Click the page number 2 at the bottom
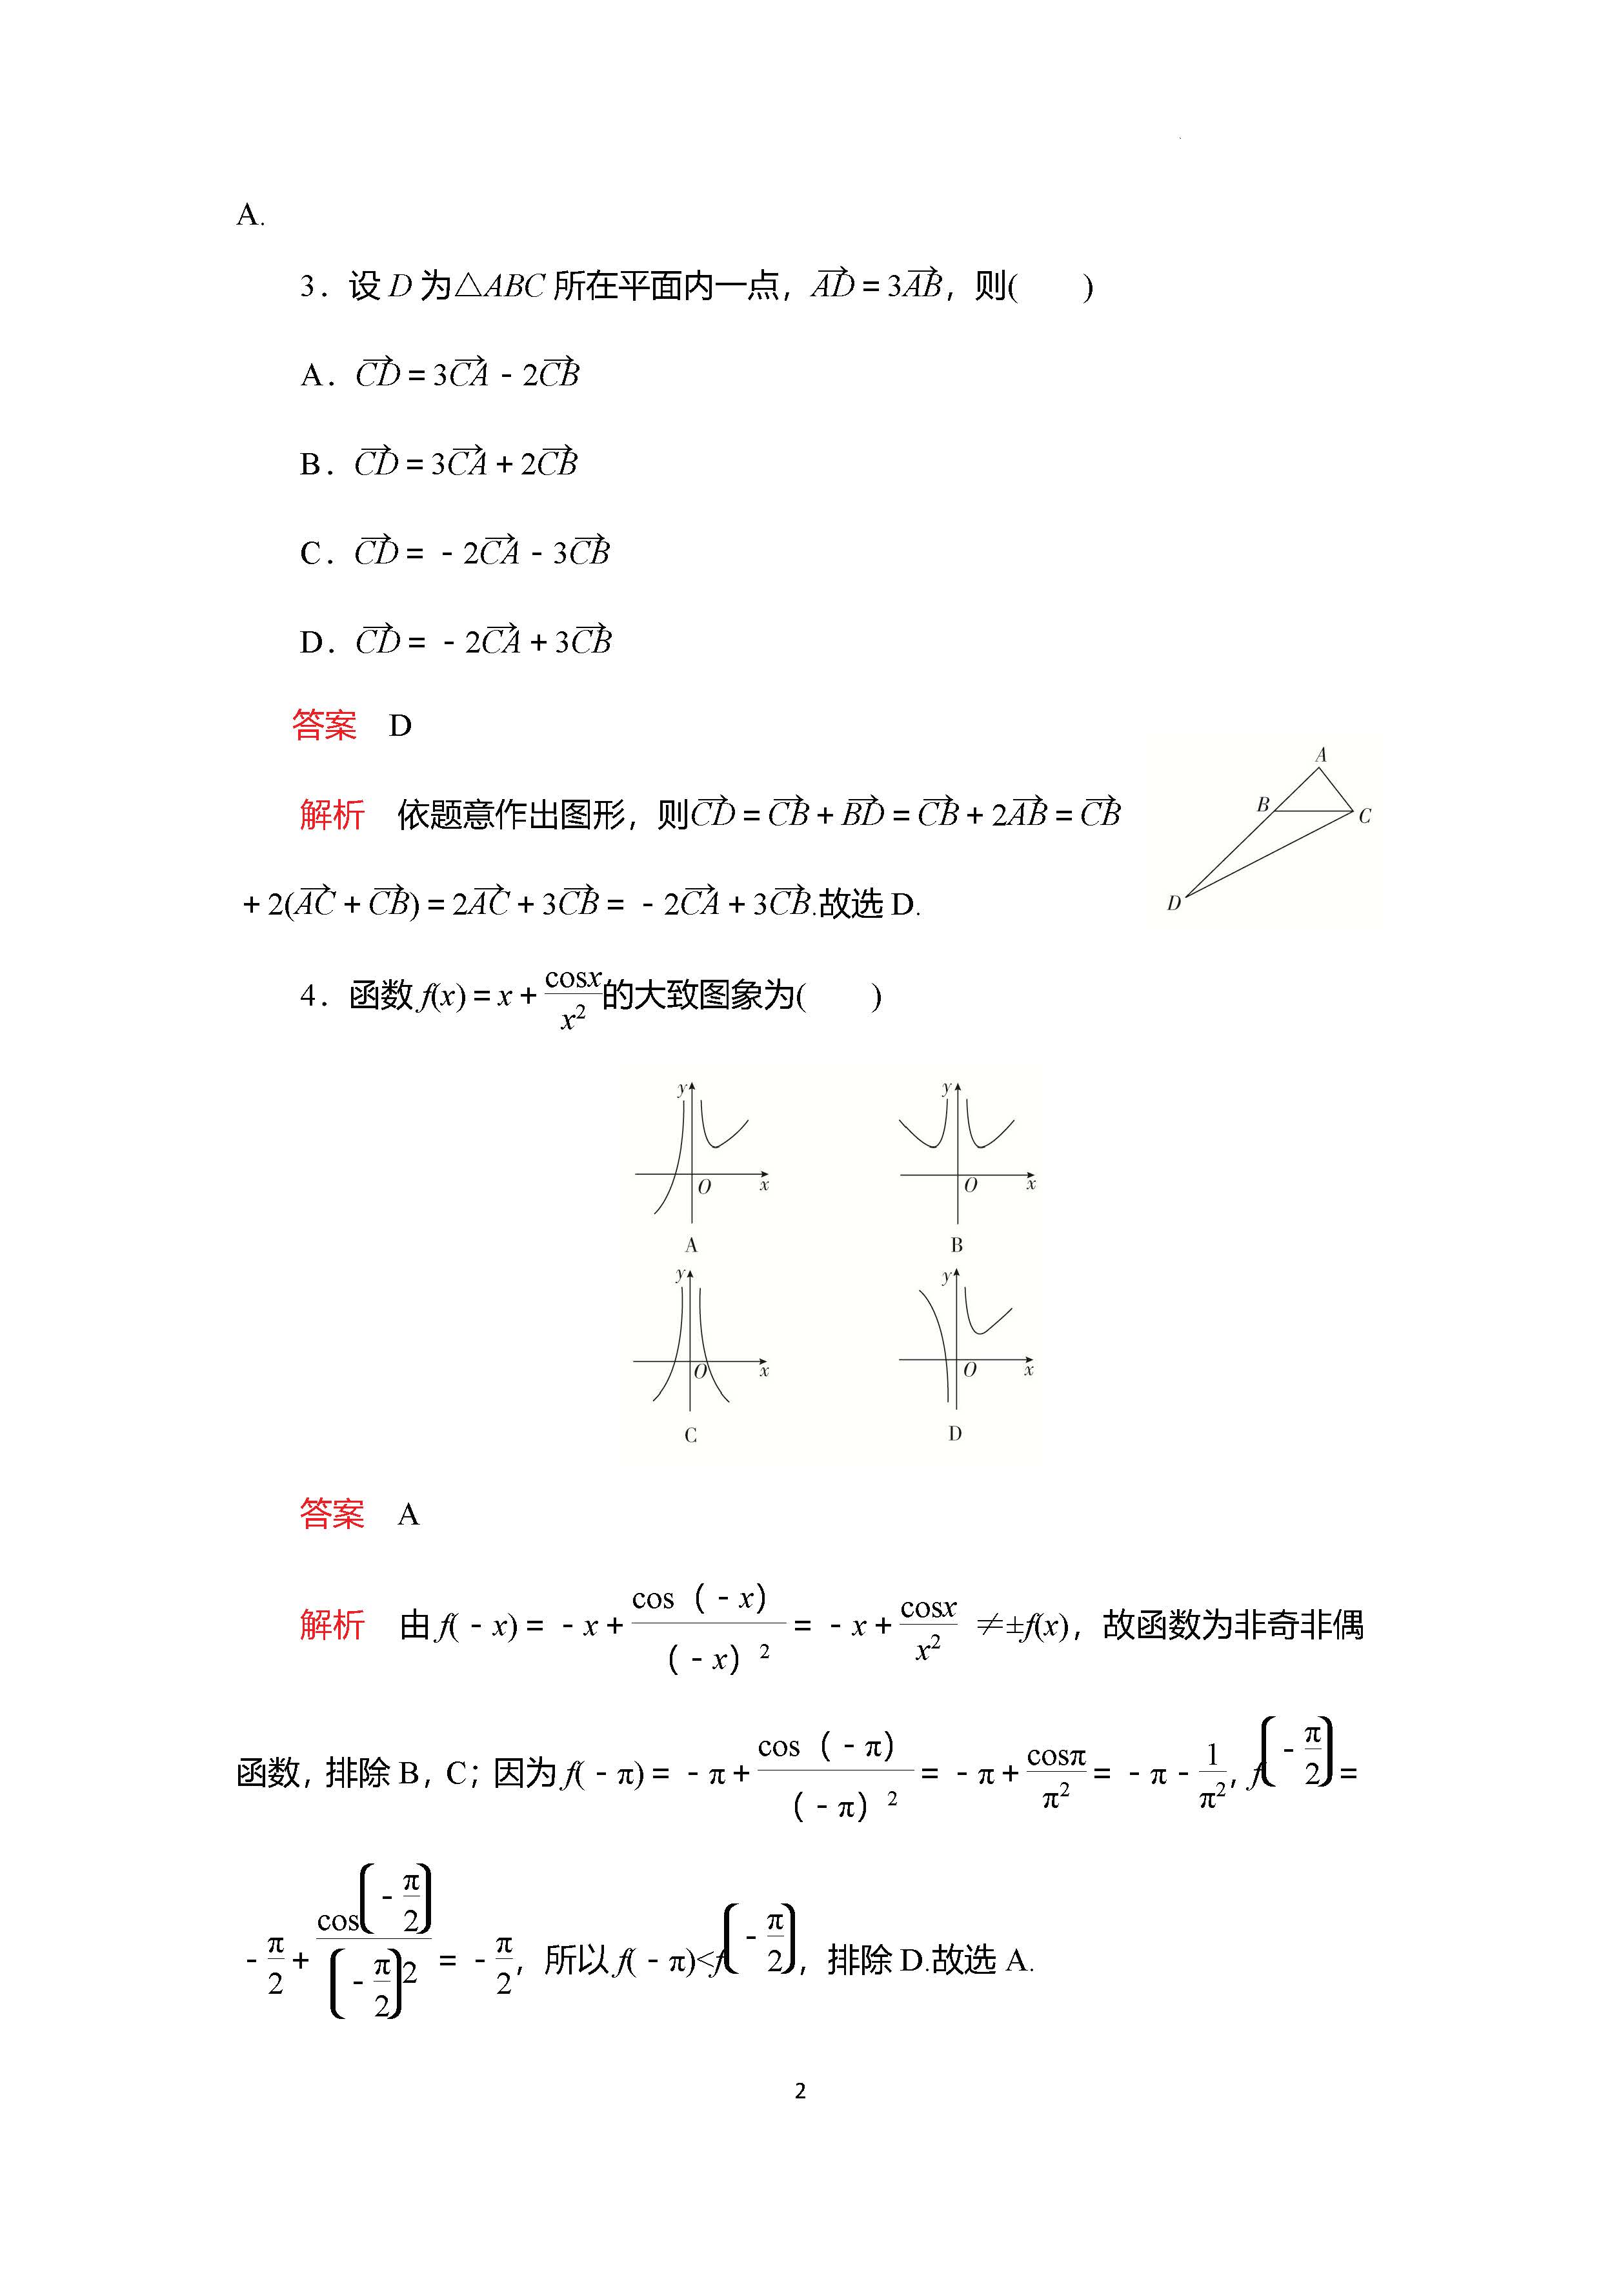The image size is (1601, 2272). [x=800, y=2090]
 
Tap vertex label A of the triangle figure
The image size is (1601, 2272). [x=1320, y=755]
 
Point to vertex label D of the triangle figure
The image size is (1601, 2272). [x=1174, y=904]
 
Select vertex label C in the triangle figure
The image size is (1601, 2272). [x=1365, y=817]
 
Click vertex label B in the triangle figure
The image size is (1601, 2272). [x=1263, y=804]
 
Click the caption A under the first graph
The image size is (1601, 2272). [x=690, y=1245]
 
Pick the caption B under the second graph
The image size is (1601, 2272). [x=956, y=1245]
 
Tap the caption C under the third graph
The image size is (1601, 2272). [x=690, y=1435]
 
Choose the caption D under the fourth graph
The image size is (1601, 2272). [x=955, y=1434]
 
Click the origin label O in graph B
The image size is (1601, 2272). [x=971, y=1184]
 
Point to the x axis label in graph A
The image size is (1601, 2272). [x=764, y=1184]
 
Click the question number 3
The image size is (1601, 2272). [x=308, y=287]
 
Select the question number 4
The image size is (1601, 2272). [x=308, y=995]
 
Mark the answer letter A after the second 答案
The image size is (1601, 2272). [x=408, y=1515]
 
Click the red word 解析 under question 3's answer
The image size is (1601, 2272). [x=332, y=815]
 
